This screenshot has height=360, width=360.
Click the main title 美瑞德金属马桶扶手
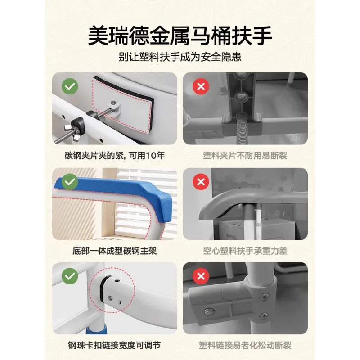click(x=180, y=35)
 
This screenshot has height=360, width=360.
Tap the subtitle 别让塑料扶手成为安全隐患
click(x=180, y=58)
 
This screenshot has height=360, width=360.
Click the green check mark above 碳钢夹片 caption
click(x=69, y=87)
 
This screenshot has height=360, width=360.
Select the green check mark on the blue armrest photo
click(x=69, y=182)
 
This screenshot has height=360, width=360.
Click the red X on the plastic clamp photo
click(x=200, y=87)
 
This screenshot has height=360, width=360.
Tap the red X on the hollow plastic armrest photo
click(x=200, y=182)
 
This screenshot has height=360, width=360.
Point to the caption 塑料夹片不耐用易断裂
click(x=245, y=156)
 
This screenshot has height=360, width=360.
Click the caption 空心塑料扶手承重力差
click(x=245, y=251)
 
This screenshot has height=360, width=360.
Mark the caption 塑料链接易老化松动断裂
click(x=245, y=346)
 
